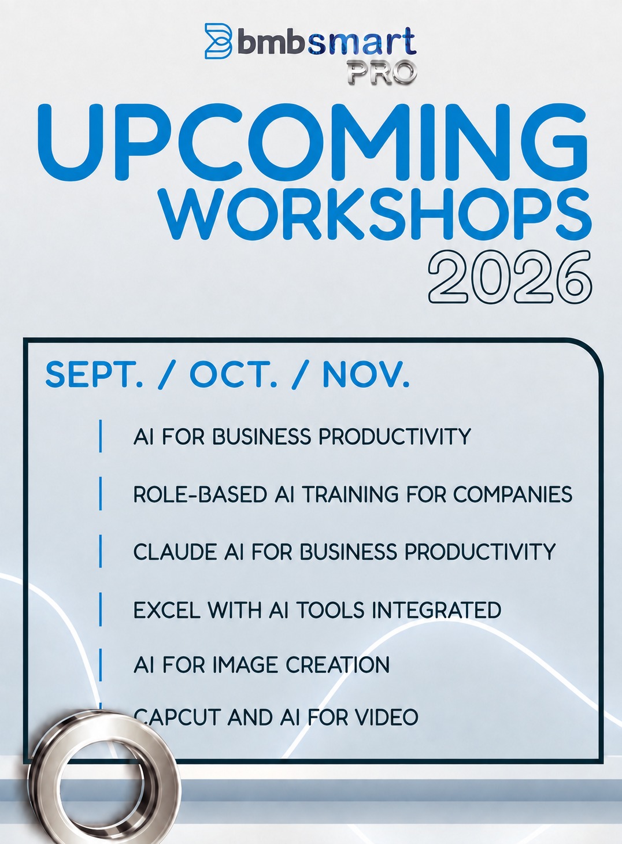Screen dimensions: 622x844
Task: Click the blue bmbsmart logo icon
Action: [219, 41]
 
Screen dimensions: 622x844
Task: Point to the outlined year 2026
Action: [510, 277]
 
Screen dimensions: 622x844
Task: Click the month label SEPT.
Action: [94, 374]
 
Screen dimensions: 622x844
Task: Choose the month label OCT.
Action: [234, 374]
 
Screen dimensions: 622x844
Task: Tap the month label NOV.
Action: [366, 374]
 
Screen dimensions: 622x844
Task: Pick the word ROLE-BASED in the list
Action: [200, 494]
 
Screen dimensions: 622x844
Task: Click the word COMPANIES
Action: [513, 494]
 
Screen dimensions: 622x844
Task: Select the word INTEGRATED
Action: [436, 610]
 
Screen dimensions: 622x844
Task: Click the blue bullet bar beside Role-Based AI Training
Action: [100, 493]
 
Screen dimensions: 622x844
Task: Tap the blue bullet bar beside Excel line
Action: [100, 609]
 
